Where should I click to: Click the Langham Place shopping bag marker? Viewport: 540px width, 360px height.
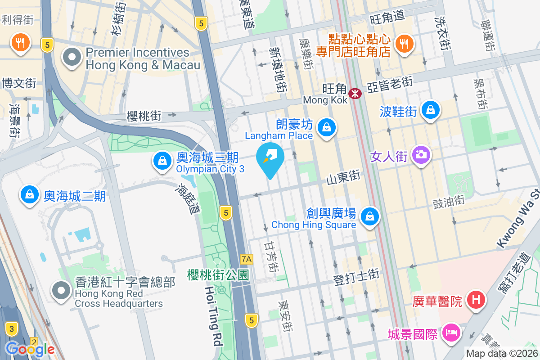coord(326,128)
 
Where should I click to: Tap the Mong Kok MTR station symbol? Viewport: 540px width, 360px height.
coord(355,93)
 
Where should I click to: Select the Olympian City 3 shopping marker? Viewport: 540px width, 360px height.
coord(161,160)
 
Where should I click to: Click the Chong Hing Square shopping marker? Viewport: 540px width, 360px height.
coord(369,216)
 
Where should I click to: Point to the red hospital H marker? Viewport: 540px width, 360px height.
coord(476,299)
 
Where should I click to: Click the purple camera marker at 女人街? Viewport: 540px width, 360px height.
coord(421,156)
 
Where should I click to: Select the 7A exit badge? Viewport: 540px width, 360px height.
coord(247,259)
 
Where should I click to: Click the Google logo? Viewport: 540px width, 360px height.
coord(30,349)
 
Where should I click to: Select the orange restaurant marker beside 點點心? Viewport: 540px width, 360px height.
coord(405,43)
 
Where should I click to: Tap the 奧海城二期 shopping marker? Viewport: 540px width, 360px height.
coord(30,194)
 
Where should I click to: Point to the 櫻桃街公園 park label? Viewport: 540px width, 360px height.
coord(218,274)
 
